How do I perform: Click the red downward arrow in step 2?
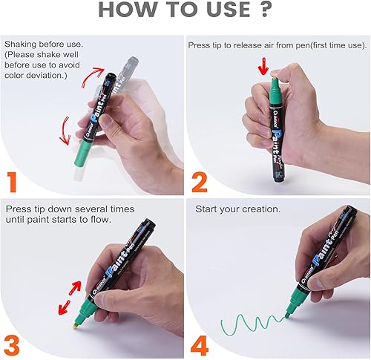[262, 68]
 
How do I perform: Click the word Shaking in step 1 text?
[22, 45]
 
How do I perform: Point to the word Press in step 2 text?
[201, 45]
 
